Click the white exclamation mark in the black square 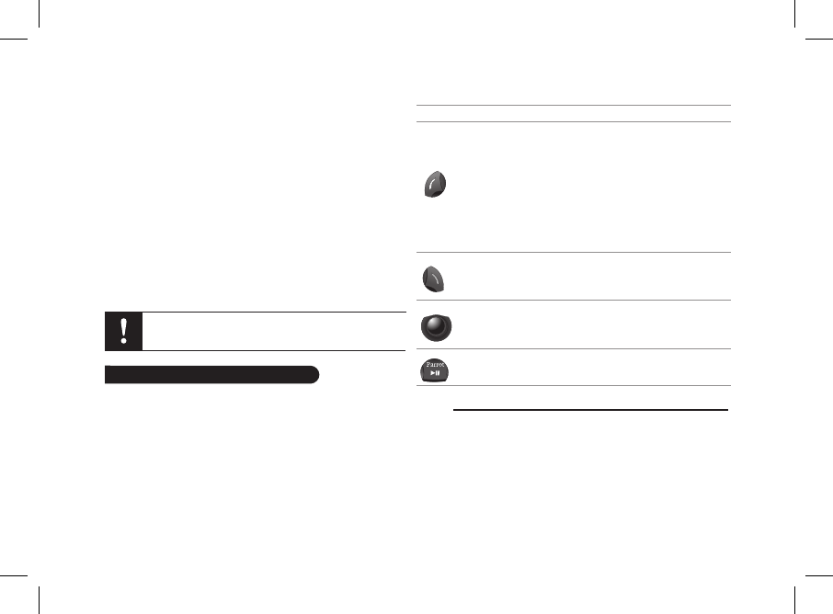(124, 331)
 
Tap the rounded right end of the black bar (315, 374)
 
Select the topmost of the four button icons (435, 185)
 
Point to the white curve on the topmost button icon (433, 185)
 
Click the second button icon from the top (433, 279)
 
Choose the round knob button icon (436, 327)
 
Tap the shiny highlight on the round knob (435, 323)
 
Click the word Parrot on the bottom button (435, 365)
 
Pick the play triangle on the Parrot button (432, 373)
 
